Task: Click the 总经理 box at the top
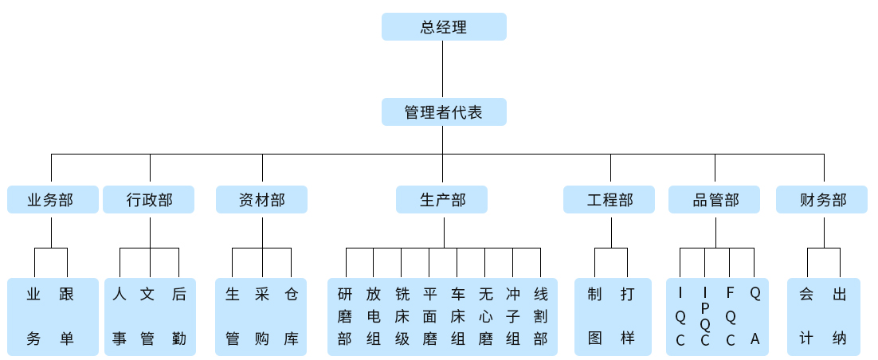(x=444, y=27)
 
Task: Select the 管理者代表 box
(x=444, y=112)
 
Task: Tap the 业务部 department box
(x=53, y=200)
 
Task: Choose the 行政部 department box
(x=149, y=200)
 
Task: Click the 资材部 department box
(x=261, y=200)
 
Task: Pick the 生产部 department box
(x=442, y=200)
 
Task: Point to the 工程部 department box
(x=609, y=200)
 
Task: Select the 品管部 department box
(x=715, y=200)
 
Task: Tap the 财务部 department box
(x=822, y=200)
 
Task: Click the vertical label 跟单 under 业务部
(x=67, y=316)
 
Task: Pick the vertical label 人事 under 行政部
(x=120, y=316)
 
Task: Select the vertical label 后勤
(x=178, y=316)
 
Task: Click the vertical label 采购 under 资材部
(x=261, y=316)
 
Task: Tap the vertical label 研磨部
(x=345, y=316)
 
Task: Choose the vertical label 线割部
(x=540, y=316)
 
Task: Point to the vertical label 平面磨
(x=429, y=316)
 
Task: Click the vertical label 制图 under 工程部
(x=594, y=316)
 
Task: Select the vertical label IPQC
(x=705, y=316)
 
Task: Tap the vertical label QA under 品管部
(x=755, y=316)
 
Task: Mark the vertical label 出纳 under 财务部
(x=839, y=316)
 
